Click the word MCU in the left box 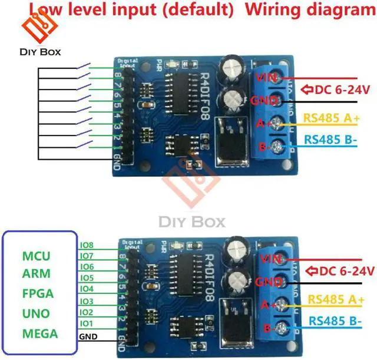(x=36, y=256)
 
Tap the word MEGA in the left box (x=39, y=333)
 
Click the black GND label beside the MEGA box (x=87, y=338)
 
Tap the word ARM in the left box (x=36, y=274)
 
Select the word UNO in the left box (x=36, y=313)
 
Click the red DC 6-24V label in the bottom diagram (x=341, y=271)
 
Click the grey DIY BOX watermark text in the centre (x=192, y=222)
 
